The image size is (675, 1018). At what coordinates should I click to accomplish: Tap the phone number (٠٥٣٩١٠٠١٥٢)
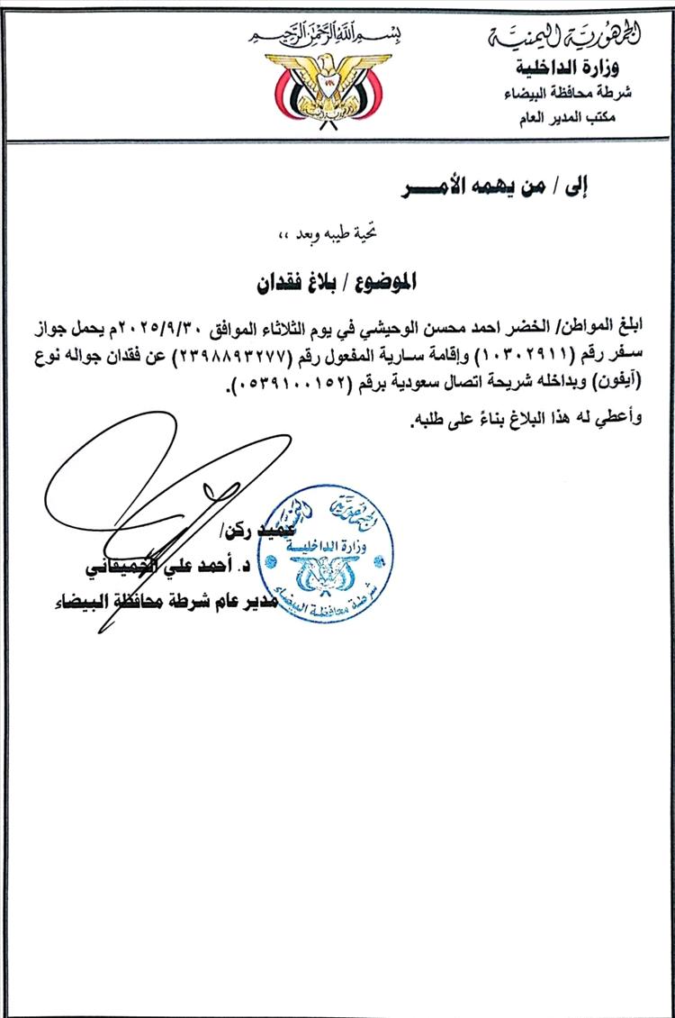click(x=286, y=384)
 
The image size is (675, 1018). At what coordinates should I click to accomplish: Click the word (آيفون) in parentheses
click(x=620, y=384)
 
